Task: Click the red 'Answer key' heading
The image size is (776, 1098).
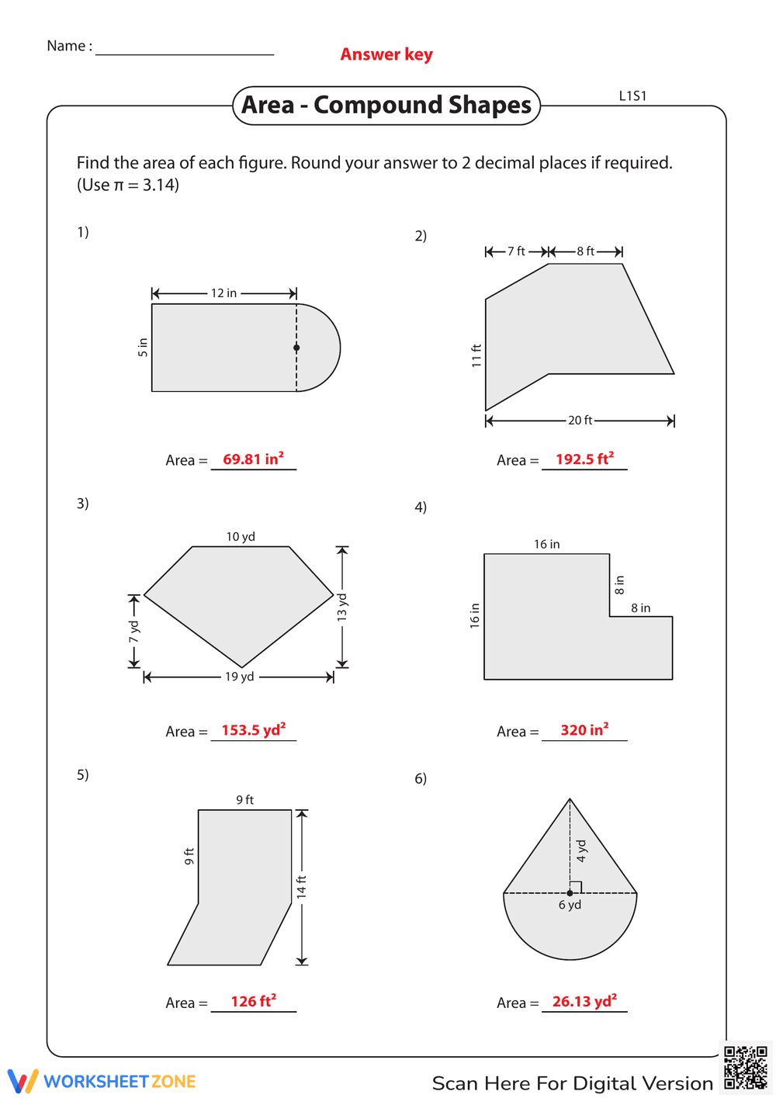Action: coord(386,54)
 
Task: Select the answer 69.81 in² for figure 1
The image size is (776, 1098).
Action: coord(253,459)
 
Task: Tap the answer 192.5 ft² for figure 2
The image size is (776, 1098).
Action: coord(584,459)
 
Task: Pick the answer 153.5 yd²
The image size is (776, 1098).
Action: coord(253,730)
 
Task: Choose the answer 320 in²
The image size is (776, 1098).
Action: coord(584,730)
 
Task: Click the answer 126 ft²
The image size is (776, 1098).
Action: coord(253,1002)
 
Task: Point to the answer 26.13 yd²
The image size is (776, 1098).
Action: coord(584,1002)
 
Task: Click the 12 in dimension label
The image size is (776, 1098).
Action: coord(223,293)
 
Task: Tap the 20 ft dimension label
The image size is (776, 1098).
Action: coord(580,421)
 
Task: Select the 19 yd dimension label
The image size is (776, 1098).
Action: coord(239,677)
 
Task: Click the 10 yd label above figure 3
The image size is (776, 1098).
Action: coord(241,537)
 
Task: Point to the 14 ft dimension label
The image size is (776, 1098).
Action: coord(302,886)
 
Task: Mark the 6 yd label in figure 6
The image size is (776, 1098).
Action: coord(570,906)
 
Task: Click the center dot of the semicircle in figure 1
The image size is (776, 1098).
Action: coord(296,348)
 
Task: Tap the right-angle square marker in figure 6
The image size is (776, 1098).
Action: coord(576,887)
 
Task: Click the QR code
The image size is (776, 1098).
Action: coord(745,1068)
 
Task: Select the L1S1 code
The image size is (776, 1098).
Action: coord(632,96)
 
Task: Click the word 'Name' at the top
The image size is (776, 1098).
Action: coord(65,47)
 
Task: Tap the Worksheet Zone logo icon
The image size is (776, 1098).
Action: coord(23,1081)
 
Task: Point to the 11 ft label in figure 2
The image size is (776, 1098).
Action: coord(476,355)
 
